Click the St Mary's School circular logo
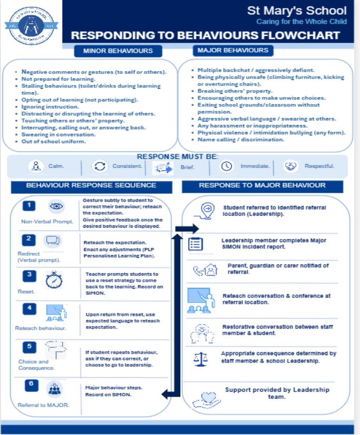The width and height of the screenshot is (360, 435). pyautogui.click(x=31, y=26)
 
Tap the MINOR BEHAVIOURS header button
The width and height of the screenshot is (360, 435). pyautogui.click(x=118, y=51)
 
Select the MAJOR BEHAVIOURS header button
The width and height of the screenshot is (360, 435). pyautogui.click(x=233, y=51)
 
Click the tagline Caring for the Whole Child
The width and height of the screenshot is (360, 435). pyautogui.click(x=301, y=22)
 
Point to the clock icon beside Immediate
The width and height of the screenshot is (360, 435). pyautogui.click(x=227, y=166)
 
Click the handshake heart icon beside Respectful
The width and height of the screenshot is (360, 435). pyautogui.click(x=291, y=166)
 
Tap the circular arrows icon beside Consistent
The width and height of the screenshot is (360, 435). pyautogui.click(x=100, y=166)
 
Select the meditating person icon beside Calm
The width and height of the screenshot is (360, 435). pyautogui.click(x=36, y=166)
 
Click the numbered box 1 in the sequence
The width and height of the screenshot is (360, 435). pyautogui.click(x=29, y=205)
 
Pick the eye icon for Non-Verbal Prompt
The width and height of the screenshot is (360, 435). pyautogui.click(x=56, y=206)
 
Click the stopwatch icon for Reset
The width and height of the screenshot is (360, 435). pyautogui.click(x=54, y=280)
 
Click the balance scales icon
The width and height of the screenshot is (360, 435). pyautogui.click(x=201, y=359)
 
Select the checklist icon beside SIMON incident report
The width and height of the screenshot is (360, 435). pyautogui.click(x=196, y=244)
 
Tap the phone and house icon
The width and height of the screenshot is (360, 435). pyautogui.click(x=205, y=270)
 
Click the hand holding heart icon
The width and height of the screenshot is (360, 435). pyautogui.click(x=207, y=400)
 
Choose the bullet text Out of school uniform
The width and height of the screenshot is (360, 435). pyautogui.click(x=53, y=141)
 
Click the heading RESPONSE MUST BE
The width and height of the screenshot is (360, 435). pyautogui.click(x=177, y=157)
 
